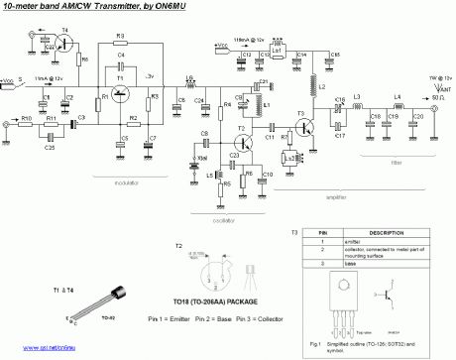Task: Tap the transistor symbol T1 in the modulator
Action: (x=120, y=95)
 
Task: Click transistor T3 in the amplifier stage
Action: (x=301, y=126)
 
